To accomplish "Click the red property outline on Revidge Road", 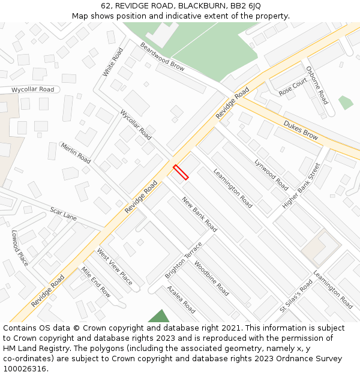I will click(181, 172).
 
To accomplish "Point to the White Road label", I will click(113, 62).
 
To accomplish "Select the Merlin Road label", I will click(76, 153).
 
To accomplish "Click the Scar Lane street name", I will click(64, 214).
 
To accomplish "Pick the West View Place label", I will click(115, 266).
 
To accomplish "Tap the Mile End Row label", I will click(96, 282).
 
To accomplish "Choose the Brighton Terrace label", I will click(184, 260).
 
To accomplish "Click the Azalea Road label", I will click(181, 299).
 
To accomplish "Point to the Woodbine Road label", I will click(211, 278).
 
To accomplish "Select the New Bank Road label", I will click(199, 214).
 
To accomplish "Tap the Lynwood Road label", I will click(271, 175).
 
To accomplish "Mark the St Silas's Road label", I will click(296, 296).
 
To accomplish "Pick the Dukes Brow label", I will click(301, 130).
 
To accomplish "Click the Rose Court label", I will click(293, 88).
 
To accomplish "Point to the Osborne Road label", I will click(317, 85).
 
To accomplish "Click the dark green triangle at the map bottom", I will click(159, 317).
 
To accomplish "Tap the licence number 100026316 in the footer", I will click(26, 369).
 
